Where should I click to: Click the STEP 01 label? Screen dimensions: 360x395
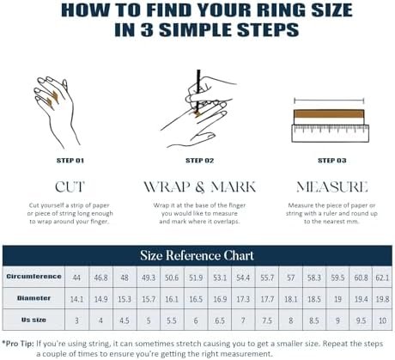69,160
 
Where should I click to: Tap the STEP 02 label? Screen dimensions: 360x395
197,160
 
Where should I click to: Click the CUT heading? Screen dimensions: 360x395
69,186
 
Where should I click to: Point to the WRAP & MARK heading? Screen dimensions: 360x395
197,186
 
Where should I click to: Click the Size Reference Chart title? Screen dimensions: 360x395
197,255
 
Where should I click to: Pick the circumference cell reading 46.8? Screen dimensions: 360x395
100,278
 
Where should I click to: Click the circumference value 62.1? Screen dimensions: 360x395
381,278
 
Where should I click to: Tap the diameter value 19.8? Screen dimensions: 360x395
381,298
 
